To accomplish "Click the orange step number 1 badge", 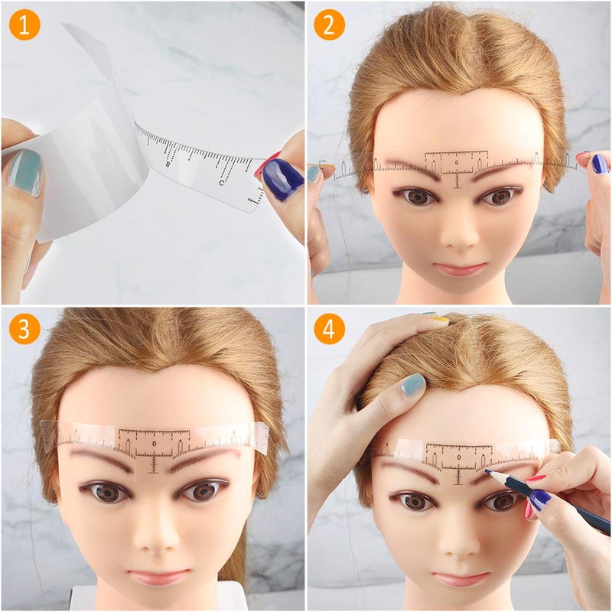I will [24, 25].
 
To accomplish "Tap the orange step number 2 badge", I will [330, 25].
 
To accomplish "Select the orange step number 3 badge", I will [24, 330].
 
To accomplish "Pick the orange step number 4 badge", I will [330, 330].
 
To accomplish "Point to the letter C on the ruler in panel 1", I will [221, 182].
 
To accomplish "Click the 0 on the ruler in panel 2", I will [457, 162].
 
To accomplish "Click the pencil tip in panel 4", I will [487, 472].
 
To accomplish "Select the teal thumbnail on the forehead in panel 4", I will [413, 385].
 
